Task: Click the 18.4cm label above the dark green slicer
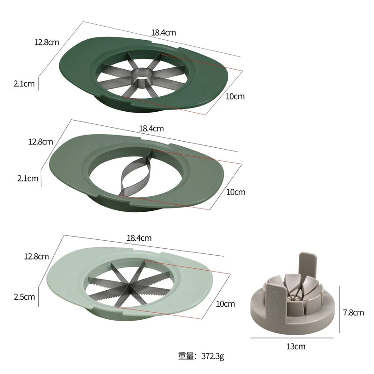164,33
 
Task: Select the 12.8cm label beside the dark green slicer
46,42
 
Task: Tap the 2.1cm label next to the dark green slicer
24,84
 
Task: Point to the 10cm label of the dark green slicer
235,97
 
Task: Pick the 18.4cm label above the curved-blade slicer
151,128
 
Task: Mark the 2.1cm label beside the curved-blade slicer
27,178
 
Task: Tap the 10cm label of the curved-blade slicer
236,192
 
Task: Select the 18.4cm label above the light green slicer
139,237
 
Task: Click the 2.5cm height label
24,296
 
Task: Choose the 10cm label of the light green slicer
225,304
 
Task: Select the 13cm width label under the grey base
296,346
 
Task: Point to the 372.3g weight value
213,357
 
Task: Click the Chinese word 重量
186,357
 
